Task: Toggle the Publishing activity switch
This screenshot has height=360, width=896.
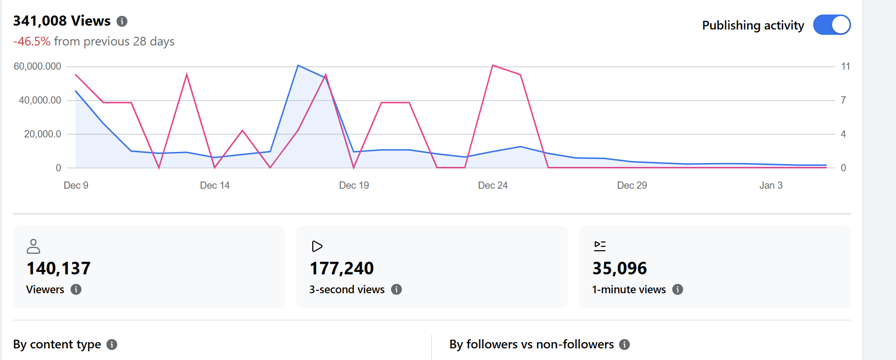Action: [832, 25]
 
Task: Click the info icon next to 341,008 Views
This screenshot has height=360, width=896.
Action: [122, 21]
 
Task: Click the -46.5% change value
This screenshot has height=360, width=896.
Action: [32, 42]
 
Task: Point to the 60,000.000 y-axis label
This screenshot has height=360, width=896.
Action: [37, 66]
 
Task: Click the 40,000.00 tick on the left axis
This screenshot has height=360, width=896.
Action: [40, 100]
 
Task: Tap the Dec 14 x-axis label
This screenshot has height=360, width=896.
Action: [214, 185]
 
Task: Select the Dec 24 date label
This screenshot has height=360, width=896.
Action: [493, 185]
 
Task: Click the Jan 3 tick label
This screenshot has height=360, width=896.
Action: [771, 185]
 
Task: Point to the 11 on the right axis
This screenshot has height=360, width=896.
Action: [845, 66]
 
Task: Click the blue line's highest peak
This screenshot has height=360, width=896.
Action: [298, 65]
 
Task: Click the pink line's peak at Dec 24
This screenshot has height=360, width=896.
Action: [493, 65]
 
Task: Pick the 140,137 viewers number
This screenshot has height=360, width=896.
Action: [59, 269]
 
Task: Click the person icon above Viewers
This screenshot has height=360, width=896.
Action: [33, 246]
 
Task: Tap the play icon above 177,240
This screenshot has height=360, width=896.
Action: [317, 246]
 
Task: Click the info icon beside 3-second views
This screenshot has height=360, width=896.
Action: [396, 289]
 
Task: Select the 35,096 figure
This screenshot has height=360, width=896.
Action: [620, 269]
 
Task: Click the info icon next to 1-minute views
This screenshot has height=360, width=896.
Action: [678, 289]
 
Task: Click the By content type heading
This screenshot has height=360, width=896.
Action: [57, 345]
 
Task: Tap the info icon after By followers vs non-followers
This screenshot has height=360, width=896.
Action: [624, 345]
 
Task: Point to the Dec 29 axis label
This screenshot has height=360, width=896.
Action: [632, 185]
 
